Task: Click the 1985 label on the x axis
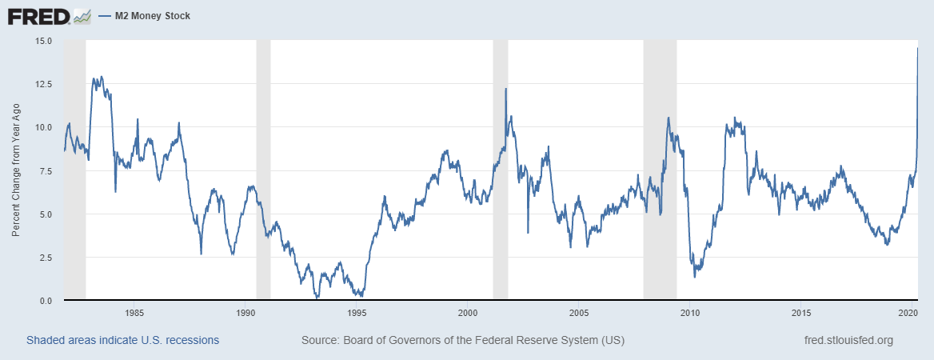tap(134, 313)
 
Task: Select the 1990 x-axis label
tap(245, 313)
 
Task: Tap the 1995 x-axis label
tap(357, 313)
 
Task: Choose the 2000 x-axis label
tap(468, 313)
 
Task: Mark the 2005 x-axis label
tap(579, 313)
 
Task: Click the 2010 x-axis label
tap(690, 313)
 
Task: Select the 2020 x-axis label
tap(908, 313)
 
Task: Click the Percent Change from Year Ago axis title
tap(16, 170)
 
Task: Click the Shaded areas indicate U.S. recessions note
tap(122, 341)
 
